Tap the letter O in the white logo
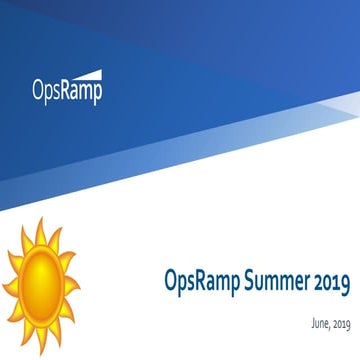[x=37, y=92]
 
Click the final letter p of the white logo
[x=97, y=95]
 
